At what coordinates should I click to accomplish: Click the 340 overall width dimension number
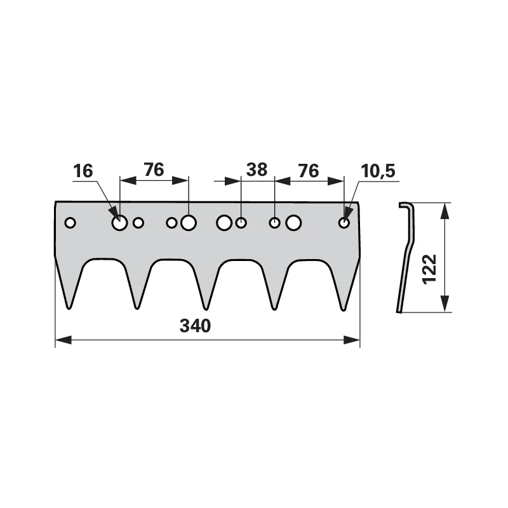click(x=195, y=326)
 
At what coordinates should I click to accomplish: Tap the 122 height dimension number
click(x=430, y=269)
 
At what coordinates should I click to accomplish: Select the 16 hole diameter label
click(x=83, y=171)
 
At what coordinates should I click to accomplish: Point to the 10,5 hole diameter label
click(x=378, y=171)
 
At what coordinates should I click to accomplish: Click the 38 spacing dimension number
click(x=257, y=170)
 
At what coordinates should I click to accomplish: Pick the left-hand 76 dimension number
click(x=154, y=170)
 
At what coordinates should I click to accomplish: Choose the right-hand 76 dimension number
click(x=309, y=171)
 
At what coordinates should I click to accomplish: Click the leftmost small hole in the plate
click(x=70, y=223)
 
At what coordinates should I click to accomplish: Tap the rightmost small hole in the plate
click(x=344, y=223)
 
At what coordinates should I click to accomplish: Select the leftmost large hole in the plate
click(x=119, y=223)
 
